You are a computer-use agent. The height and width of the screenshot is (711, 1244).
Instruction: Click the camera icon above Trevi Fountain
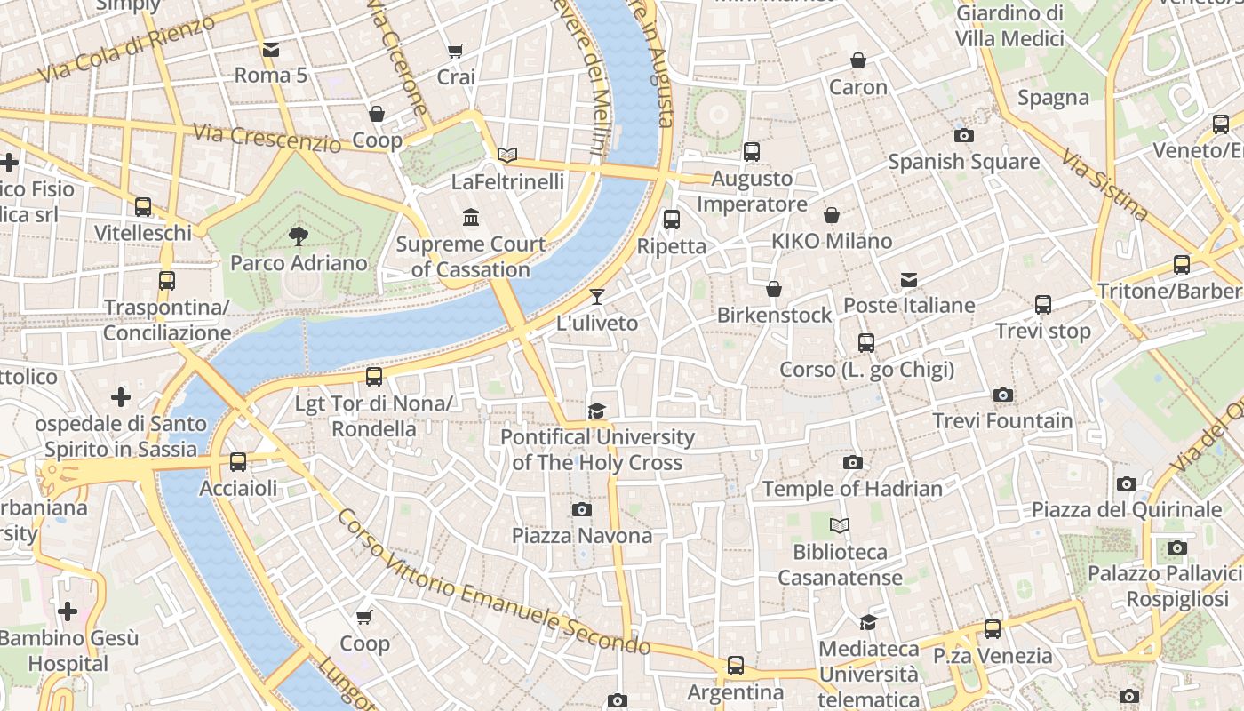[1003, 395]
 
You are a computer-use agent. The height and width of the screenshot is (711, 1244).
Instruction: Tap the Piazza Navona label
[582, 536]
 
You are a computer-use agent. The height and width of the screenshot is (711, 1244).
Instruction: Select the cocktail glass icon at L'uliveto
[597, 297]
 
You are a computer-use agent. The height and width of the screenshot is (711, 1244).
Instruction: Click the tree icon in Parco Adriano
[299, 236]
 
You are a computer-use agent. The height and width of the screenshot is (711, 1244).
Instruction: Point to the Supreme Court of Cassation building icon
[471, 218]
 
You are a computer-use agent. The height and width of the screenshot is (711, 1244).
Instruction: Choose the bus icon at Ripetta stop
[672, 220]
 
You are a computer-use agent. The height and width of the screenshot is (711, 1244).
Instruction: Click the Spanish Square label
[963, 162]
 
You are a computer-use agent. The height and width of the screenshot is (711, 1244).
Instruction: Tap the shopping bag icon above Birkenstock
[774, 289]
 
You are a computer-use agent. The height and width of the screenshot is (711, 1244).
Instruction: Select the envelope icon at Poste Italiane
[909, 280]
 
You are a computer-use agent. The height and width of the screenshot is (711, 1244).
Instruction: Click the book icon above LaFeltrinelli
[507, 156]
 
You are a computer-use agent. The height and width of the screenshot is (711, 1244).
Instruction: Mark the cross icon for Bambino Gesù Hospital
[68, 611]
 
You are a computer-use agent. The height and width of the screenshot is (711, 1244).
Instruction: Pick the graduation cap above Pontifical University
[597, 411]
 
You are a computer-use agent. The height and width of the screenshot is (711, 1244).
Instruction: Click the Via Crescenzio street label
[267, 137]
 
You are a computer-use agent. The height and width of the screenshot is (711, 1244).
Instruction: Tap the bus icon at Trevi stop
[1043, 305]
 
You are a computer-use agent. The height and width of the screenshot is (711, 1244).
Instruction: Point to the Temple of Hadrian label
[851, 489]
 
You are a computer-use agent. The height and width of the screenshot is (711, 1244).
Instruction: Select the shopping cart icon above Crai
[456, 52]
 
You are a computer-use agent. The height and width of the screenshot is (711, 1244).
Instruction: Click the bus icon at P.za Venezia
[993, 629]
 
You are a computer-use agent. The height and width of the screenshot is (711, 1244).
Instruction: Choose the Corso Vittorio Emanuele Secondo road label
[493, 584]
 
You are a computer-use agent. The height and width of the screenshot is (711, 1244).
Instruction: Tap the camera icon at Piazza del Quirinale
[1127, 484]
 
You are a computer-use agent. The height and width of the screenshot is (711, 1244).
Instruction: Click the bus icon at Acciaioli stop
[238, 462]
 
